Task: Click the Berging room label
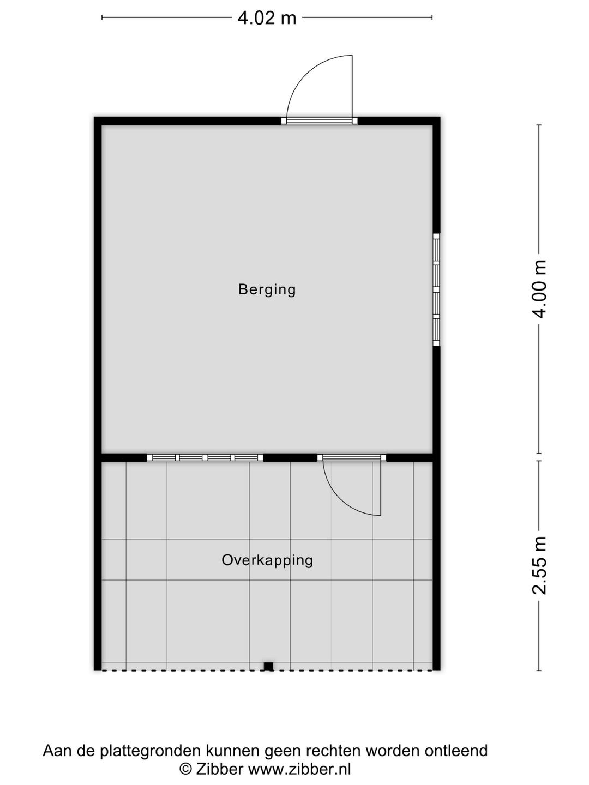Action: [x=267, y=289]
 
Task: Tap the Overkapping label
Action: [x=267, y=560]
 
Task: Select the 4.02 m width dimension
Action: [x=267, y=18]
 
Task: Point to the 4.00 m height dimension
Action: [x=539, y=289]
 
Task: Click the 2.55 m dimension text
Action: [x=539, y=565]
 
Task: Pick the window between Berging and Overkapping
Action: [x=205, y=457]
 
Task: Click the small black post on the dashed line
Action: [x=268, y=666]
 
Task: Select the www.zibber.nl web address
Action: [x=299, y=769]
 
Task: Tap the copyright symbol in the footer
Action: [x=185, y=769]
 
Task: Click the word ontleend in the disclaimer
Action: [x=456, y=751]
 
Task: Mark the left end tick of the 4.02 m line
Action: [x=102, y=17]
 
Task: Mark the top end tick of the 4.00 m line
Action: [x=539, y=125]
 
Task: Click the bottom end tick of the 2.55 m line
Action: [x=539, y=670]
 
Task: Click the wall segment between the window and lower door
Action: [x=290, y=457]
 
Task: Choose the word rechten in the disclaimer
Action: [x=333, y=751]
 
